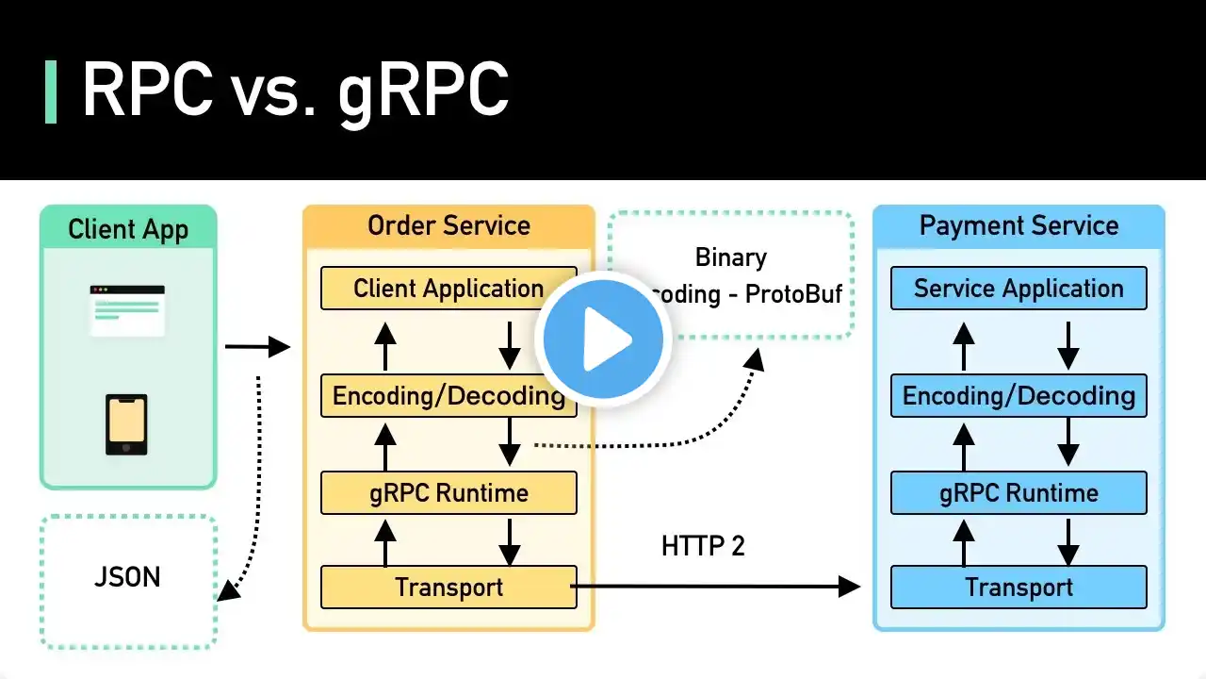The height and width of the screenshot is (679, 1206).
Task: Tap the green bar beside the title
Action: coord(51,91)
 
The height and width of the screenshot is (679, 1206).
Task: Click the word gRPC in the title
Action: coord(423,91)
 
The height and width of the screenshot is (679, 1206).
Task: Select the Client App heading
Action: coord(128,229)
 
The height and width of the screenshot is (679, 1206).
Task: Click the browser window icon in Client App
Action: coord(127,309)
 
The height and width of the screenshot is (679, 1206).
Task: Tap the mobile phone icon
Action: coord(127,424)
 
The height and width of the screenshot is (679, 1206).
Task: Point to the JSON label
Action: coord(127,576)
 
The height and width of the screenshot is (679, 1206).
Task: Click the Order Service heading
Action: coord(448,225)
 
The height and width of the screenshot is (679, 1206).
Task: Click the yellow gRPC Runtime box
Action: coord(448,493)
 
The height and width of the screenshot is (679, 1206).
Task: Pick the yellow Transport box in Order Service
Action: coord(448,587)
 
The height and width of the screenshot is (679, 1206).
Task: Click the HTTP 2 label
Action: coord(703,545)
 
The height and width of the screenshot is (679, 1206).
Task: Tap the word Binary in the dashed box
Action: coord(730,257)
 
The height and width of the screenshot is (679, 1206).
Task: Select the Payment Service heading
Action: coord(1019,225)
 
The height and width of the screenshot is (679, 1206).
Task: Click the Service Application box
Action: coord(1019,289)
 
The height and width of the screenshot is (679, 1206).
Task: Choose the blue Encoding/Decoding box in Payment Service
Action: coord(1019,396)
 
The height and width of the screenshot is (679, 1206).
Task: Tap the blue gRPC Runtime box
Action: coord(1019,493)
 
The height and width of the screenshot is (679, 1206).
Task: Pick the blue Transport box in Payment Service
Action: coord(1019,587)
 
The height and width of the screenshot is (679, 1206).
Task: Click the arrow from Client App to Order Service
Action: coord(257,347)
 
